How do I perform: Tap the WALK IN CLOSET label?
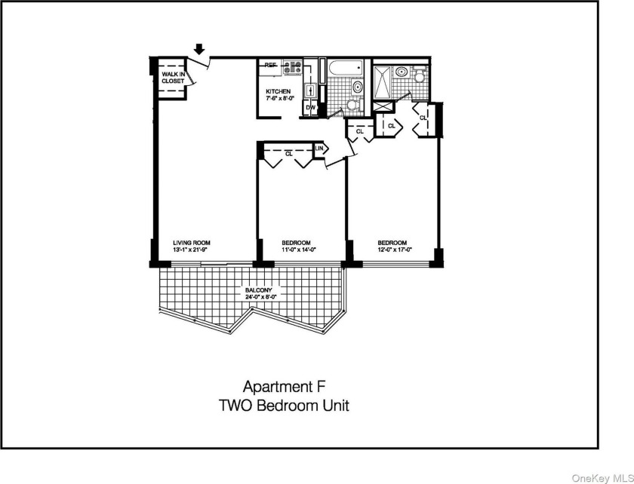pyautogui.click(x=173, y=77)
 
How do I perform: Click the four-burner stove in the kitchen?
pyautogui.click(x=292, y=69)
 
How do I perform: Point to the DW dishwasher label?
pyautogui.click(x=310, y=109)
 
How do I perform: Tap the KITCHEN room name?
pyautogui.click(x=278, y=91)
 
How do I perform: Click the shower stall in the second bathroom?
pyautogui.click(x=383, y=83)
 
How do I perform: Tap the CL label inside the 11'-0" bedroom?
pyautogui.click(x=288, y=153)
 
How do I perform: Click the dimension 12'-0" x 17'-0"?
pyautogui.click(x=395, y=250)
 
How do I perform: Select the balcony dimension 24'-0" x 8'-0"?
pyautogui.click(x=258, y=297)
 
